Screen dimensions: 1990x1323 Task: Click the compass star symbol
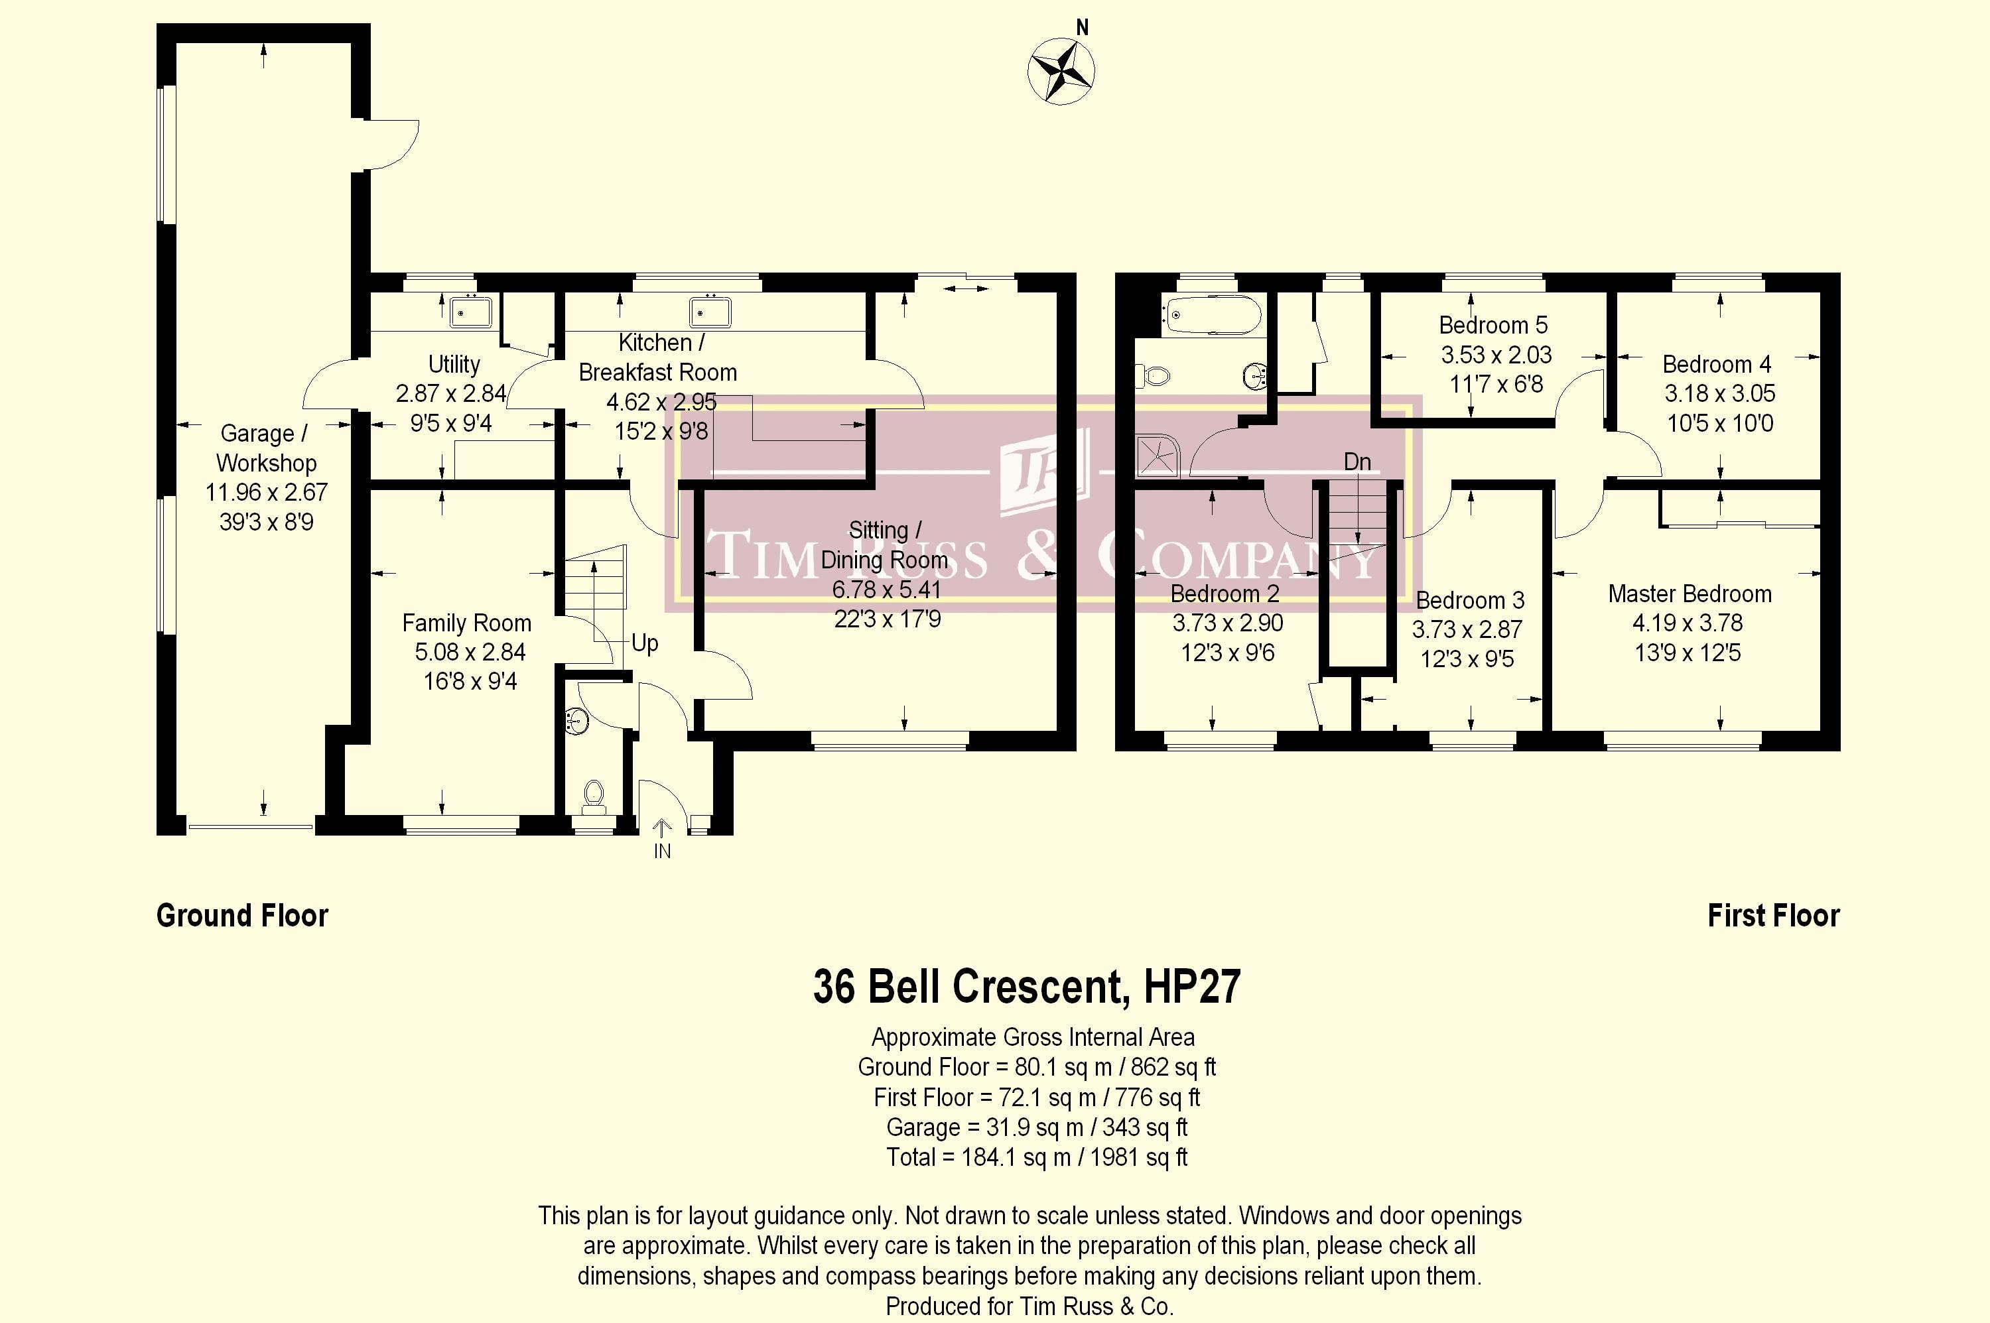[1061, 71]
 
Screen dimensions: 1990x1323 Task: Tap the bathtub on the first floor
[1212, 316]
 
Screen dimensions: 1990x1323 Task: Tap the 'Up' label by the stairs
[645, 644]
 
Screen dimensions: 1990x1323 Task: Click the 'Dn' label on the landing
[1357, 462]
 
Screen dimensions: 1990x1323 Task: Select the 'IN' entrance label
[663, 851]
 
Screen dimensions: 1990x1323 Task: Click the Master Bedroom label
[1690, 594]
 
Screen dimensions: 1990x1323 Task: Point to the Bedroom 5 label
[1494, 325]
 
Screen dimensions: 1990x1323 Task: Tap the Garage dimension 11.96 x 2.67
[267, 492]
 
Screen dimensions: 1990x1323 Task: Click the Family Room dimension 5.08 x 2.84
[470, 653]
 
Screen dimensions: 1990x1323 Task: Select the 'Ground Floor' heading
[242, 915]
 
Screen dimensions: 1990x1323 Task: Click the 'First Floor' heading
[1773, 915]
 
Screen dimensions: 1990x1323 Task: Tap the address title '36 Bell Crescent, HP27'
[1027, 986]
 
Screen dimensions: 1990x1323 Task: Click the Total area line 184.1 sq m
[1036, 1157]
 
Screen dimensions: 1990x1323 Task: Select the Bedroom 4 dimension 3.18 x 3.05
[1719, 393]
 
